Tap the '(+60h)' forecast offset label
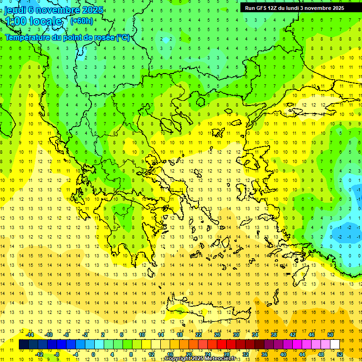point(82,21)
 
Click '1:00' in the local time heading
point(16,21)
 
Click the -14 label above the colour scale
point(30,335)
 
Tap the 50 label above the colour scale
point(330,335)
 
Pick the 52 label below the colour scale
point(340,354)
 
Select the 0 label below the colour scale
point(93,354)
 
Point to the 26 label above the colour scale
point(217,335)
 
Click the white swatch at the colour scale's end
point(335,344)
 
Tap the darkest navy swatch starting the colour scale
point(24,344)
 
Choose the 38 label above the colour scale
point(273,335)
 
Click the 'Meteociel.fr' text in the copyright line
point(220,359)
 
